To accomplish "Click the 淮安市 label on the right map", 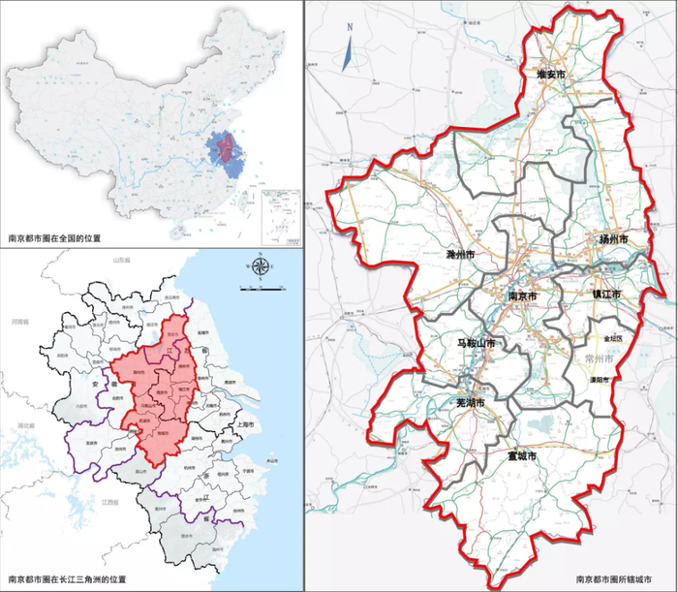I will pyautogui.click(x=551, y=74).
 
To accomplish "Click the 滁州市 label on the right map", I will pyautogui.click(x=459, y=254).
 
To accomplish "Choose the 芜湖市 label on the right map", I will pyautogui.click(x=477, y=401).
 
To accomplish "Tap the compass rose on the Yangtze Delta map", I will pyautogui.click(x=260, y=267).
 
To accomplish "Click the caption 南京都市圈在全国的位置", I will pyautogui.click(x=54, y=236).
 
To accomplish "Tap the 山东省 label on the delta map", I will pyautogui.click(x=124, y=261).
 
